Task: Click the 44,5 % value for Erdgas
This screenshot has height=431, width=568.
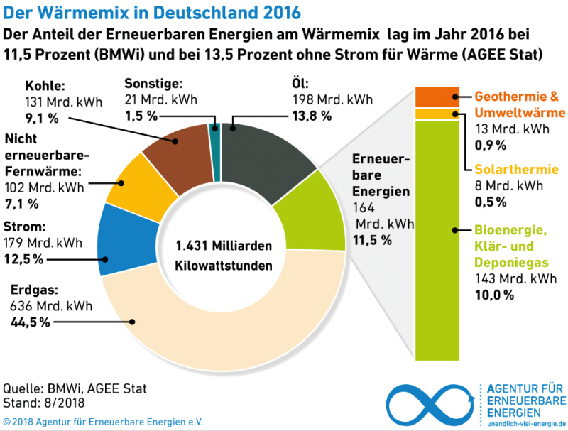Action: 30,322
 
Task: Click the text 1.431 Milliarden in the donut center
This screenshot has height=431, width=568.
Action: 223,246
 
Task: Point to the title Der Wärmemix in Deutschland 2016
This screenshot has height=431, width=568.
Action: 152,13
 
